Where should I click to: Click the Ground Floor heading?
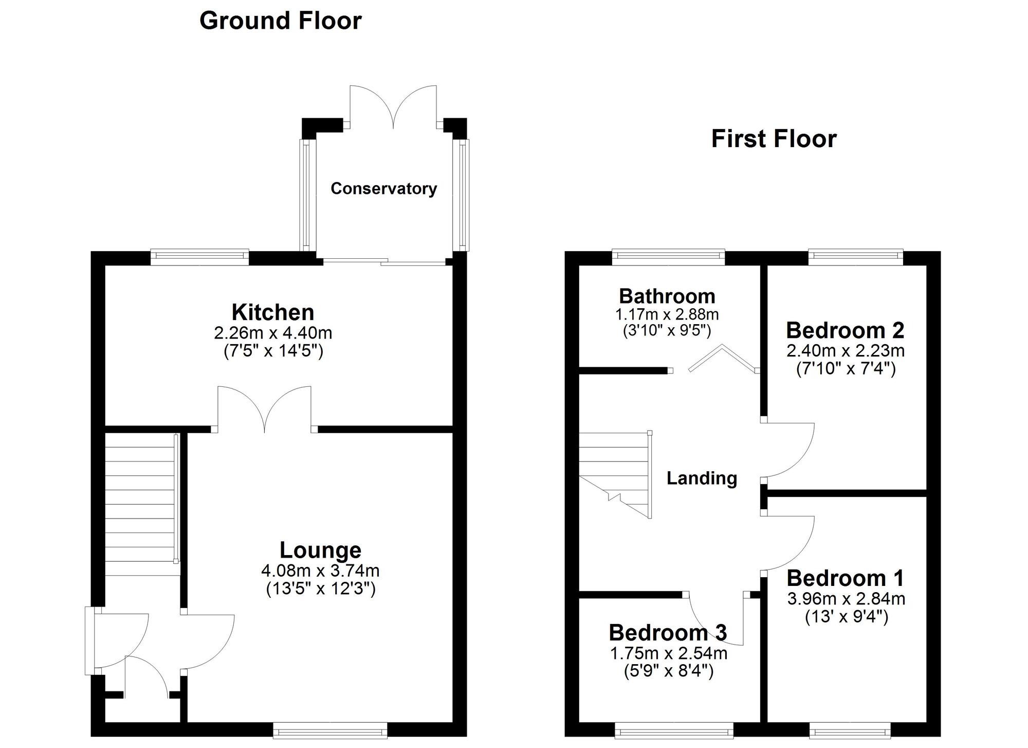click(280, 21)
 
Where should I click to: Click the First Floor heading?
click(774, 139)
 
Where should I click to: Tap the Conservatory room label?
click(383, 189)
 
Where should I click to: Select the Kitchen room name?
click(272, 312)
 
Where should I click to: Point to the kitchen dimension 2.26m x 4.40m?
click(273, 333)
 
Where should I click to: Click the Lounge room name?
click(320, 550)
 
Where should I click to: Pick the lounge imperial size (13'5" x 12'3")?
click(321, 589)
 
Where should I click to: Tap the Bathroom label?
click(667, 296)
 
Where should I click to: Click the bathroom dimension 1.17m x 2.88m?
click(667, 314)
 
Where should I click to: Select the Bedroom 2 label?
click(845, 330)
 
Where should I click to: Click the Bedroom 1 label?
click(845, 578)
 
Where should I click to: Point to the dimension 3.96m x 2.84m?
click(846, 599)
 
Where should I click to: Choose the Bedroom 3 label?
click(668, 633)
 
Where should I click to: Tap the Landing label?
click(702, 478)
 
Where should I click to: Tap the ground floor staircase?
click(140, 504)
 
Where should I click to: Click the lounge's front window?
click(329, 730)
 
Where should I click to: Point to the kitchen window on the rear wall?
click(199, 257)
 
